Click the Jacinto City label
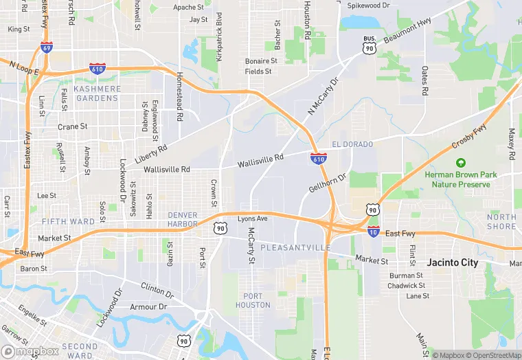click(x=452, y=262)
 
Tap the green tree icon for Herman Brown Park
click(x=460, y=164)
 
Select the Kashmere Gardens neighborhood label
click(x=97, y=93)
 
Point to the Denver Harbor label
click(x=183, y=219)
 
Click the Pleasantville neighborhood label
click(x=291, y=247)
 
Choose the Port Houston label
click(x=253, y=300)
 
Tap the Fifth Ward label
click(x=68, y=221)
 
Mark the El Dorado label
click(x=352, y=144)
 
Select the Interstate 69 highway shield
click(x=46, y=47)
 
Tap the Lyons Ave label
click(x=252, y=218)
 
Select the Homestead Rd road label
click(x=179, y=97)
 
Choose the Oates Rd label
click(x=425, y=80)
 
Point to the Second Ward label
click(x=80, y=351)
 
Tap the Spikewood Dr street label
click(x=368, y=5)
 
